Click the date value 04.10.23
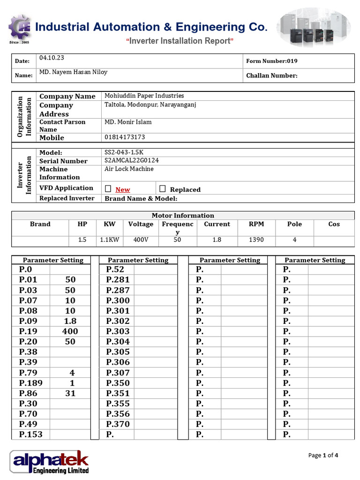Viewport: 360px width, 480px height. click(52, 58)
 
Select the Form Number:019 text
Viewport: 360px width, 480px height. click(271, 61)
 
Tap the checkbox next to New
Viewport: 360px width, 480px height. click(108, 189)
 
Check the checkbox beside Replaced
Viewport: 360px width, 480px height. click(163, 189)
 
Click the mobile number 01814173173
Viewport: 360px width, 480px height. click(124, 137)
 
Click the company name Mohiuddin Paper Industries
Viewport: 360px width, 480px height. click(144, 96)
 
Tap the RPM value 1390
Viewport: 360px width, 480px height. click(256, 240)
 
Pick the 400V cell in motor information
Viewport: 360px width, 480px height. click(141, 240)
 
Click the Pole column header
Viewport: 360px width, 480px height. click(294, 224)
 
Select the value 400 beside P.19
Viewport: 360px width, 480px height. click(70, 331)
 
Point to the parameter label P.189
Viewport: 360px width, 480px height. click(31, 383)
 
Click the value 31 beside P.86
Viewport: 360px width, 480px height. click(70, 393)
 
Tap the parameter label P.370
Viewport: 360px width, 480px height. click(118, 424)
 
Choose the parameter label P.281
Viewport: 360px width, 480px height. click(118, 280)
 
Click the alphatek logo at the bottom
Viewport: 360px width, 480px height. click(49, 462)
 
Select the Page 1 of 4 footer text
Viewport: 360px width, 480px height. click(323, 455)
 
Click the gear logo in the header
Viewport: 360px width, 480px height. click(20, 28)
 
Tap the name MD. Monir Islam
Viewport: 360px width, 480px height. click(128, 122)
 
